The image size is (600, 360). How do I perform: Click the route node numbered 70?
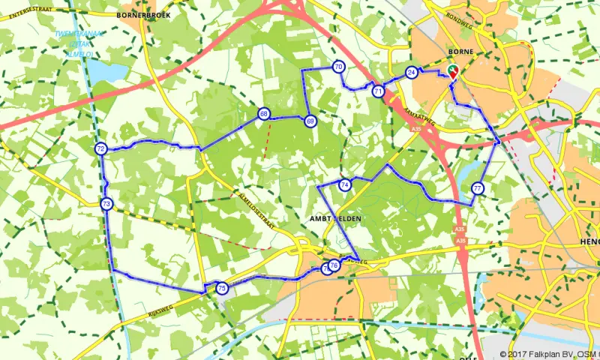[x=339, y=67]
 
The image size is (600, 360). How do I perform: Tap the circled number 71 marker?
[x=378, y=91]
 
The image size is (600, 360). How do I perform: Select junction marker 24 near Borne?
[x=411, y=72]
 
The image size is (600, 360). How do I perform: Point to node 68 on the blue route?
[x=264, y=114]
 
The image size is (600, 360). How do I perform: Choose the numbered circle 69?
[x=310, y=121]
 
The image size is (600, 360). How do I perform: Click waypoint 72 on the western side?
[x=100, y=148]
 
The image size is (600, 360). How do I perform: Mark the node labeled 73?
[x=106, y=204]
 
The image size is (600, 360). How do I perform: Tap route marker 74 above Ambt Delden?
[x=344, y=184]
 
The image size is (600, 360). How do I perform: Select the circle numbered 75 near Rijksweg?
[x=221, y=288]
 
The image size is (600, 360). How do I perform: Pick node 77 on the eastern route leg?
[x=478, y=188]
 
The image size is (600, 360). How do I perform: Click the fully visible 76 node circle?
[x=334, y=265]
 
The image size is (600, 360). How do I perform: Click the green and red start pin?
[x=451, y=72]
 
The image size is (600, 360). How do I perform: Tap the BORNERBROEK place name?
[x=144, y=14]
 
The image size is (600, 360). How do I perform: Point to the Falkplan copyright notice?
[x=550, y=354]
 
